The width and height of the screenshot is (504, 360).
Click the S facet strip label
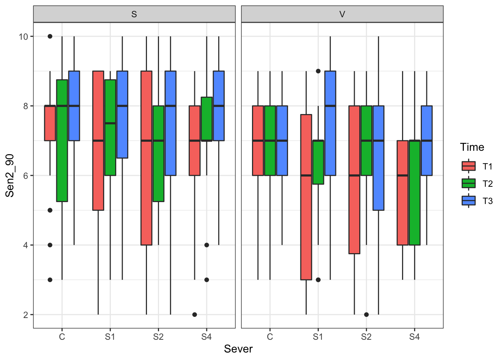click(x=134, y=14)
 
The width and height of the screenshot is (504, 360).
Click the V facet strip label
click(x=342, y=14)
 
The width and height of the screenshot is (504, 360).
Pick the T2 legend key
click(x=468, y=183)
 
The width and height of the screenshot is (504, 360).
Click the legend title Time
click(x=472, y=147)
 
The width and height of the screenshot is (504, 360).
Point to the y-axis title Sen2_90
click(x=10, y=175)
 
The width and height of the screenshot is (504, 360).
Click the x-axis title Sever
click(x=238, y=349)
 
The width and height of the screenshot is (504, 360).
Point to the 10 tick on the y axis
click(x=23, y=36)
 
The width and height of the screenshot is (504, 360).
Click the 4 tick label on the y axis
click(x=25, y=245)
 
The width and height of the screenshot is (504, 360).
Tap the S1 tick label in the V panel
click(x=318, y=337)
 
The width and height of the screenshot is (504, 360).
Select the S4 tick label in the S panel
click(x=206, y=337)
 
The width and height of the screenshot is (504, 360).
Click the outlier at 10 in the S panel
click(x=50, y=36)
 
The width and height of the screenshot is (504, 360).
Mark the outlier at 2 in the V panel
click(x=366, y=315)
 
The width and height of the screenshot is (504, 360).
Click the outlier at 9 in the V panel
click(x=318, y=71)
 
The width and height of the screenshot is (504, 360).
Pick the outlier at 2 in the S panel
click(x=195, y=315)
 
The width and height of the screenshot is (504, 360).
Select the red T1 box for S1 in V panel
click(x=306, y=197)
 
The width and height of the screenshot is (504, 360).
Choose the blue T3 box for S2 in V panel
click(x=378, y=158)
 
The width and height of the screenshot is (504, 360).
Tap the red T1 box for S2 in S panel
click(x=146, y=158)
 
